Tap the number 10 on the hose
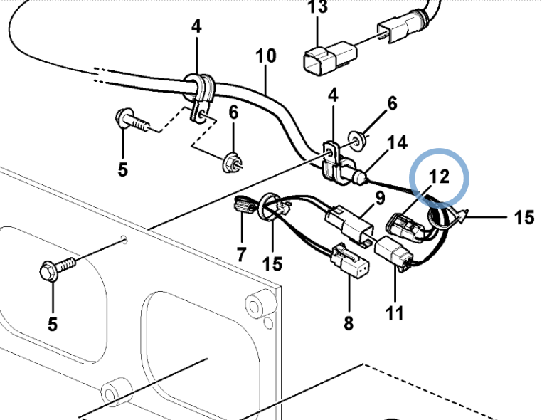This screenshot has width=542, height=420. coord(265,55)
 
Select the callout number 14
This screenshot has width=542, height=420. coord(396,144)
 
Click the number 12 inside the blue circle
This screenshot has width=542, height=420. coord(440,176)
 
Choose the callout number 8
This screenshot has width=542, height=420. coord(348,322)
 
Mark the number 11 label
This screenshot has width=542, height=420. coord(395,311)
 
